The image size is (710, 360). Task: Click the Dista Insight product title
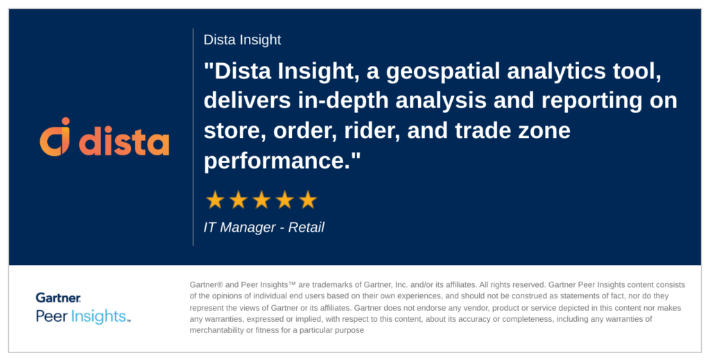pos(242,40)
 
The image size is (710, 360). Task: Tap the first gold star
pos(215,200)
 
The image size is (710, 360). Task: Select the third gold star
pos(261,200)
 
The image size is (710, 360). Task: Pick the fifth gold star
pos(307,200)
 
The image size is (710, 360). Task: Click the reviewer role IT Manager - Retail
pos(263,228)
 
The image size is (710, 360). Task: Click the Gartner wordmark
pos(58,298)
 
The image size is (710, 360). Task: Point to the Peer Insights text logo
pos(83,317)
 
